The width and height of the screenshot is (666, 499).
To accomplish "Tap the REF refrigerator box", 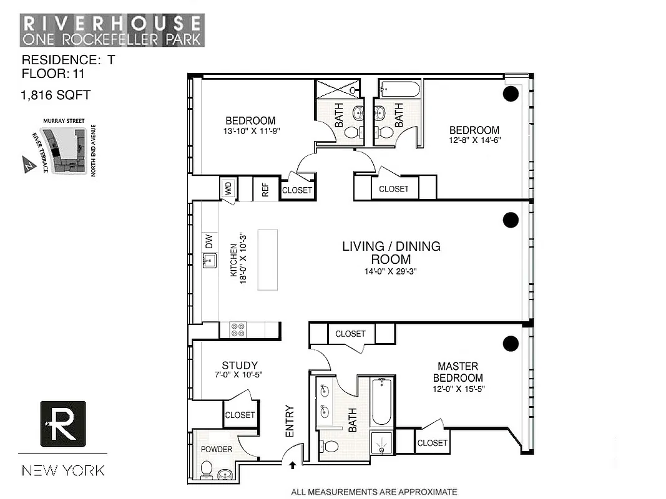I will click(265, 190).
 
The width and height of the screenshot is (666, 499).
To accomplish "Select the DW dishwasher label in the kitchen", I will click(210, 240).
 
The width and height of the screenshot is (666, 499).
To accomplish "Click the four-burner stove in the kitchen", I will click(237, 330).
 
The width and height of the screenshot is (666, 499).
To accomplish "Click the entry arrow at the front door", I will click(292, 464).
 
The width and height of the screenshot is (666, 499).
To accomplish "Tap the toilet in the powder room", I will click(207, 468).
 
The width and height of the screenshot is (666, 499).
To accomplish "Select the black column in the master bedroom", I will click(511, 342).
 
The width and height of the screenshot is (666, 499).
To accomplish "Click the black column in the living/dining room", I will click(511, 220).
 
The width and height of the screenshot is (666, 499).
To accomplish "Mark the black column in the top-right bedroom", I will click(511, 94).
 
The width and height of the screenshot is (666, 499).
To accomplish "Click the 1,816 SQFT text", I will click(56, 95).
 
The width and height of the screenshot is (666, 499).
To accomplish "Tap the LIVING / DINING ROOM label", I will click(391, 253).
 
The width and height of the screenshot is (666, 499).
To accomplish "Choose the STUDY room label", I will click(240, 366).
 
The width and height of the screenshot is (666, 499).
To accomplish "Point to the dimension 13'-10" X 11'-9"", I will click(250, 132).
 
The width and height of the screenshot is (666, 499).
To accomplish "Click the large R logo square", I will click(62, 424).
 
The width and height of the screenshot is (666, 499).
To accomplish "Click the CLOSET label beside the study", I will click(240, 415).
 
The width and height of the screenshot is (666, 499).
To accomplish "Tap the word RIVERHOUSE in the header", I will click(112, 24).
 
